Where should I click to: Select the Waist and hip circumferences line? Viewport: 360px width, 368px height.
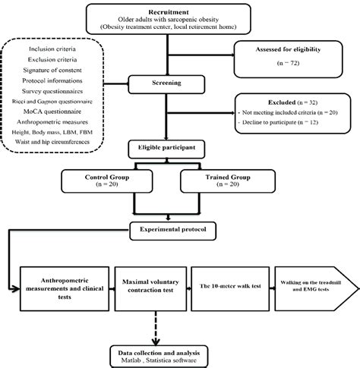click(62, 142)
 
